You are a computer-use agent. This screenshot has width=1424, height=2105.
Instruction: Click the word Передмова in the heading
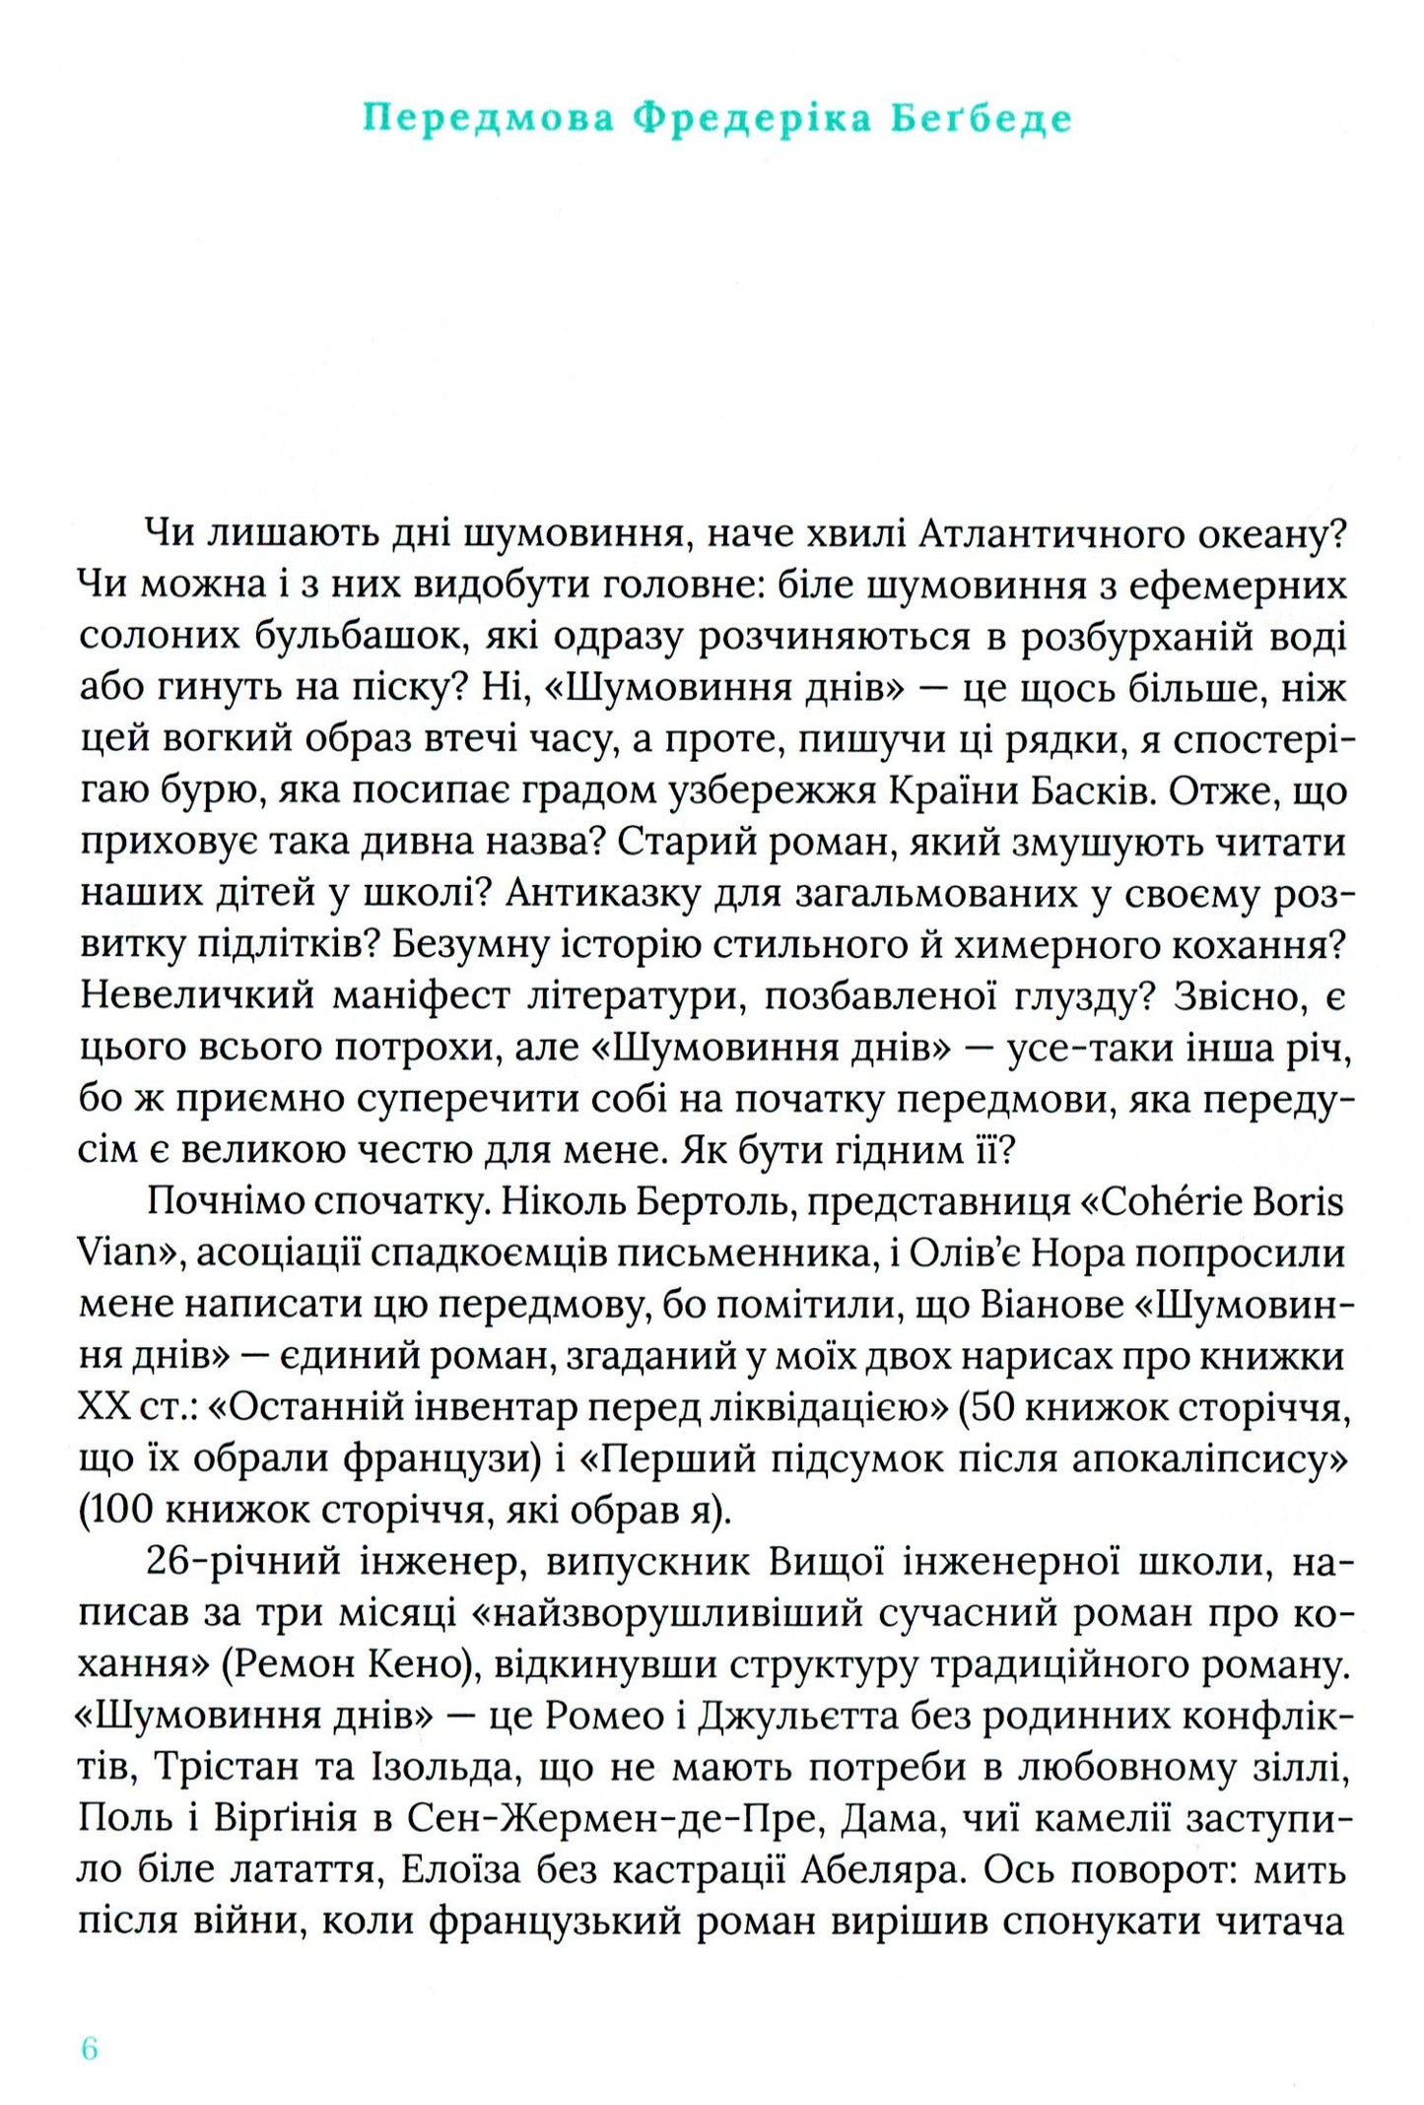coord(489,118)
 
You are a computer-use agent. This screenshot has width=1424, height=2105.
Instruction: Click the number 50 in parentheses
coord(995,1407)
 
